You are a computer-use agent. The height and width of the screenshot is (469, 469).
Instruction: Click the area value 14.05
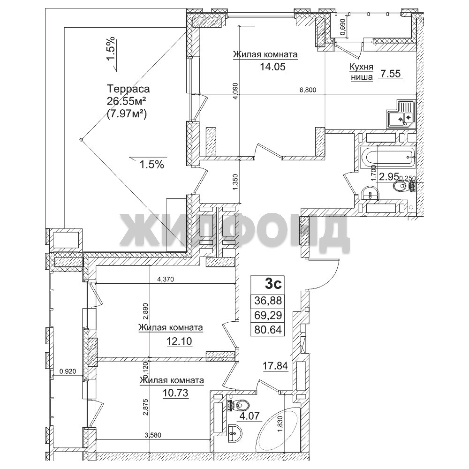[272, 67]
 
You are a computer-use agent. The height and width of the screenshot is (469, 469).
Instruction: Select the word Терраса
[129, 89]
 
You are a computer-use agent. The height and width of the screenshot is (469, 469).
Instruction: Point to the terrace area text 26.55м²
[127, 101]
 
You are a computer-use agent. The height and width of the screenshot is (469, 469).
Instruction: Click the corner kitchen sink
[401, 114]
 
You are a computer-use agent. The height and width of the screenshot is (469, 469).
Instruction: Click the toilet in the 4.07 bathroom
[238, 406]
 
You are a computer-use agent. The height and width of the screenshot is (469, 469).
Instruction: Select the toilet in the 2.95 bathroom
[405, 187]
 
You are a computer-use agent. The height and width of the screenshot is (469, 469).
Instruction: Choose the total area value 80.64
[268, 330]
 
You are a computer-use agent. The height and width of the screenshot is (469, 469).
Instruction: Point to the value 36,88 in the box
[268, 300]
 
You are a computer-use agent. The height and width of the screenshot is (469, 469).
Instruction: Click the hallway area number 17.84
[275, 365]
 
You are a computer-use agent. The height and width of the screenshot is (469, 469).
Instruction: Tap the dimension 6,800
[308, 90]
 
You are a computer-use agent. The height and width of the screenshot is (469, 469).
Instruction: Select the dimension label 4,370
[166, 280]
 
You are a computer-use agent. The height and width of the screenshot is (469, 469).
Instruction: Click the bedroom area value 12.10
[179, 341]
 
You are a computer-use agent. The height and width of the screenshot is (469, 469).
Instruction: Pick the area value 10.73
[175, 393]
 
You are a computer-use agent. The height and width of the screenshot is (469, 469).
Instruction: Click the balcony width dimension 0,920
[68, 371]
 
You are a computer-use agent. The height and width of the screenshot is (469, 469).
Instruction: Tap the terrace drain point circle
[81, 139]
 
